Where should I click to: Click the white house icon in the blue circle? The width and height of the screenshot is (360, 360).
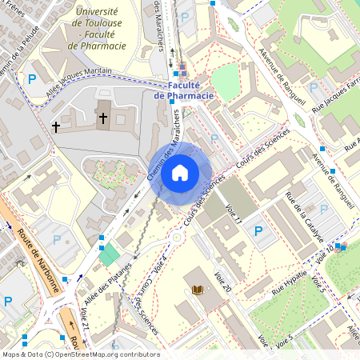[x=180, y=172]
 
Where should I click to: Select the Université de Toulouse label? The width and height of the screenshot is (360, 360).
[x=97, y=29]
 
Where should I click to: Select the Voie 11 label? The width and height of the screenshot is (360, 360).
[x=234, y=211]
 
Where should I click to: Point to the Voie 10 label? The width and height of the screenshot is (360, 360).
[x=325, y=257]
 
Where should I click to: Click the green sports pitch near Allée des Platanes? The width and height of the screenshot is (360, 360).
[x=109, y=256]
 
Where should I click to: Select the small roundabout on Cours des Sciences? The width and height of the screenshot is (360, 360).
[x=175, y=238]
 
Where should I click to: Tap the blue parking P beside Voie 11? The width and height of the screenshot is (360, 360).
[x=258, y=232]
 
